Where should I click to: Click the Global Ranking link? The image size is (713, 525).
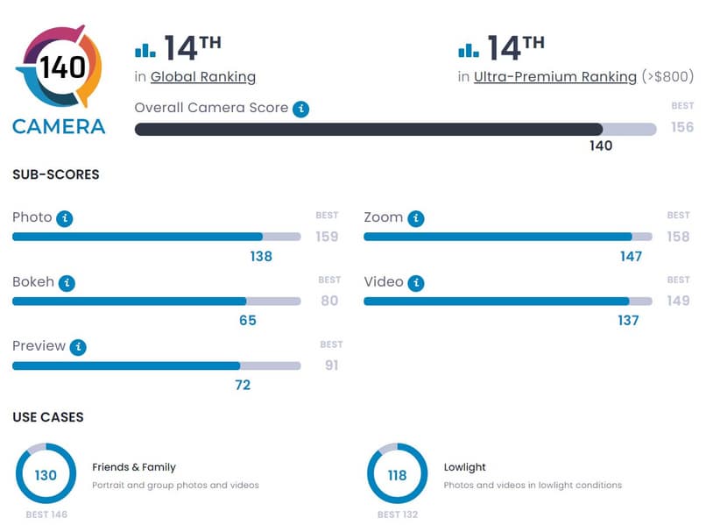pos(203,77)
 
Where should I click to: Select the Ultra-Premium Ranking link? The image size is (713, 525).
pos(555,77)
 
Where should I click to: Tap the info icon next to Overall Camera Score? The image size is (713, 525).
pos(300,109)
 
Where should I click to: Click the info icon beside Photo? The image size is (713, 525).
pos(64,218)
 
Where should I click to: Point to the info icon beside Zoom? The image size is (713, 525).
pos(415,218)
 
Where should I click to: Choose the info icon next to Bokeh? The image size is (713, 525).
pos(67,283)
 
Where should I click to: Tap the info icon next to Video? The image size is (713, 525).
pos(416,283)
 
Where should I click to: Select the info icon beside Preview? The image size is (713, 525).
pos(78,347)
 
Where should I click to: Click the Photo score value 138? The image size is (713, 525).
pos(261,257)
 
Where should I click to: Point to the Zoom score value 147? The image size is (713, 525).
pos(631,257)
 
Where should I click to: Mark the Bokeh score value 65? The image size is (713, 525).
pos(248,321)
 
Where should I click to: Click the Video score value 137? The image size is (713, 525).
pos(628,321)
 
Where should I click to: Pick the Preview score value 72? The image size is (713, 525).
pos(243,385)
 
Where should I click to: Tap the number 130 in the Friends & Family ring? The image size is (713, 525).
pos(46,476)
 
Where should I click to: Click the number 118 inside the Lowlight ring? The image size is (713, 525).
pos(397,476)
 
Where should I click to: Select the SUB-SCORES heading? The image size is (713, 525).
pos(56,174)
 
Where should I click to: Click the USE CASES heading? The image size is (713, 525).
pos(48,417)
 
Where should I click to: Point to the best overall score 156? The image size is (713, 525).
pos(682,128)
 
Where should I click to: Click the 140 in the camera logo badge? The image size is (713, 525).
pos(62,67)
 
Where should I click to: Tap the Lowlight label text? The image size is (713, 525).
pos(465,467)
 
